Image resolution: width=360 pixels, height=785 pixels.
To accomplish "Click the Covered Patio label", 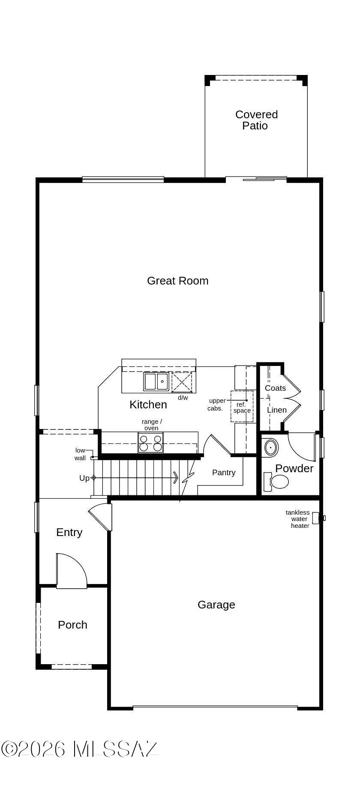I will pos(256,120).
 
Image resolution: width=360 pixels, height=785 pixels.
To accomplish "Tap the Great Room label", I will pos(177,281).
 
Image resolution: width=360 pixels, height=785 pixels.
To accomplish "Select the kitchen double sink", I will pos(156,381).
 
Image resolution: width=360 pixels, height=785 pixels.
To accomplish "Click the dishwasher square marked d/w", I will pos(182,382).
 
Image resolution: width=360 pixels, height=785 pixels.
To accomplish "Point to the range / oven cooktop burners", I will pos(150,443).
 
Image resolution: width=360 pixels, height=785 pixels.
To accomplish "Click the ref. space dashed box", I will pos(242,407).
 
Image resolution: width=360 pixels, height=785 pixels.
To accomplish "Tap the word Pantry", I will pos(224,472).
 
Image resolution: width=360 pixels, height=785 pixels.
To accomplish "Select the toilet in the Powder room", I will pos(277,481).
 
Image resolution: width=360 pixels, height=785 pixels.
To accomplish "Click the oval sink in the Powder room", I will pos(271,447).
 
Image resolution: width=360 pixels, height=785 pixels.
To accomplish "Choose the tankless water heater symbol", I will pos(317,518).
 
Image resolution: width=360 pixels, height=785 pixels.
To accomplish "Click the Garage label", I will pos(216,605).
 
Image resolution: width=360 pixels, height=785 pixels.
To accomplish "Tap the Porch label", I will pos(72,625).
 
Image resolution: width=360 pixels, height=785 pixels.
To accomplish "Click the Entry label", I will pos(69,532).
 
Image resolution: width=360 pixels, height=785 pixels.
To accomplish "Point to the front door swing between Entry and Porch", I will pos(71,570).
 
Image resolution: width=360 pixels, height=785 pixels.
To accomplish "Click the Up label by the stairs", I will pos(84,478).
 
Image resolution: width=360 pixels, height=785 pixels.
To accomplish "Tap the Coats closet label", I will pos(275,388).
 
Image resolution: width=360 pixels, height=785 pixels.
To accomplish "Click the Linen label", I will pos(276,410).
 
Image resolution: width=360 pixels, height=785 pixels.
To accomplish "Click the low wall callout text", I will pos(80,454).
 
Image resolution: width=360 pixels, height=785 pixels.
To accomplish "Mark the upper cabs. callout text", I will pos(216,404).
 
